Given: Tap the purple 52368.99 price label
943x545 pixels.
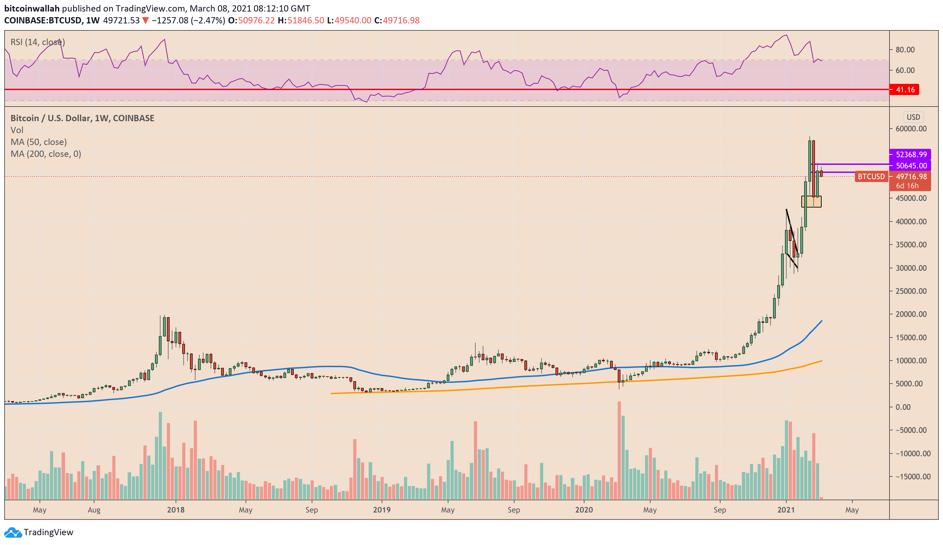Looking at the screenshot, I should click(910, 154).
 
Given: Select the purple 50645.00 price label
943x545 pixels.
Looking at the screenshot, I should click(910, 166).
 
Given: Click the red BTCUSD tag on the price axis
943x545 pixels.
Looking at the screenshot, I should click(871, 176).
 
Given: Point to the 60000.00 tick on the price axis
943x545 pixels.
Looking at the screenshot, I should click(910, 129).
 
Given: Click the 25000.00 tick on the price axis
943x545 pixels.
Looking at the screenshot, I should click(910, 291).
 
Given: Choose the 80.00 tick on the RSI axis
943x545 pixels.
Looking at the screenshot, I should click(905, 50).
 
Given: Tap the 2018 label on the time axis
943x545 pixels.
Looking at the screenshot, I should click(176, 510).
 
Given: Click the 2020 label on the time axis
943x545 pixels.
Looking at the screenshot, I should click(584, 510).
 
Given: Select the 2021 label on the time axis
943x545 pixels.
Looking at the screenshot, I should click(786, 510).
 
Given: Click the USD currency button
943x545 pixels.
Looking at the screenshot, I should click(913, 117).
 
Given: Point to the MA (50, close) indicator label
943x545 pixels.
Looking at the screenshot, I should click(38, 142).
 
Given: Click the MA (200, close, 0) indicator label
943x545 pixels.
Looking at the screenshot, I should click(46, 154).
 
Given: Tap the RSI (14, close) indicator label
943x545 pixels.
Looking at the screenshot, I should click(37, 42).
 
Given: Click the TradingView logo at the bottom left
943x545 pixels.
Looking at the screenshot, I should click(39, 532).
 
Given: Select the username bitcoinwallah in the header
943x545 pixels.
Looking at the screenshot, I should click(32, 8).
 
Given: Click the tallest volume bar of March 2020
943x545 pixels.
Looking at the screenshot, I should click(619, 450).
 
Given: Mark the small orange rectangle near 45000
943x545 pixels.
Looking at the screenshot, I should click(811, 202).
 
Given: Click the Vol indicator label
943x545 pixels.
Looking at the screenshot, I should click(17, 130).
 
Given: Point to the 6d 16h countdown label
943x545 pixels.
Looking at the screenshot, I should click(907, 186).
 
